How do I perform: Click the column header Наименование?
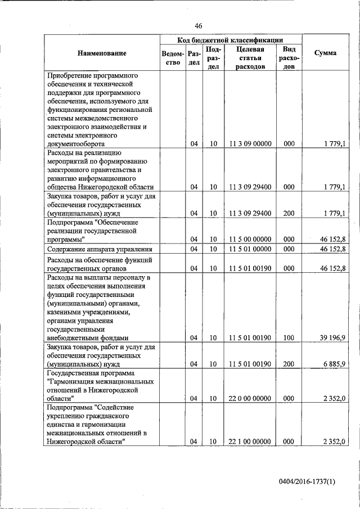102,53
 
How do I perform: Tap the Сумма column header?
325,53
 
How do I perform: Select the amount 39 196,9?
331,337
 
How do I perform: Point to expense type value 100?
289,337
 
